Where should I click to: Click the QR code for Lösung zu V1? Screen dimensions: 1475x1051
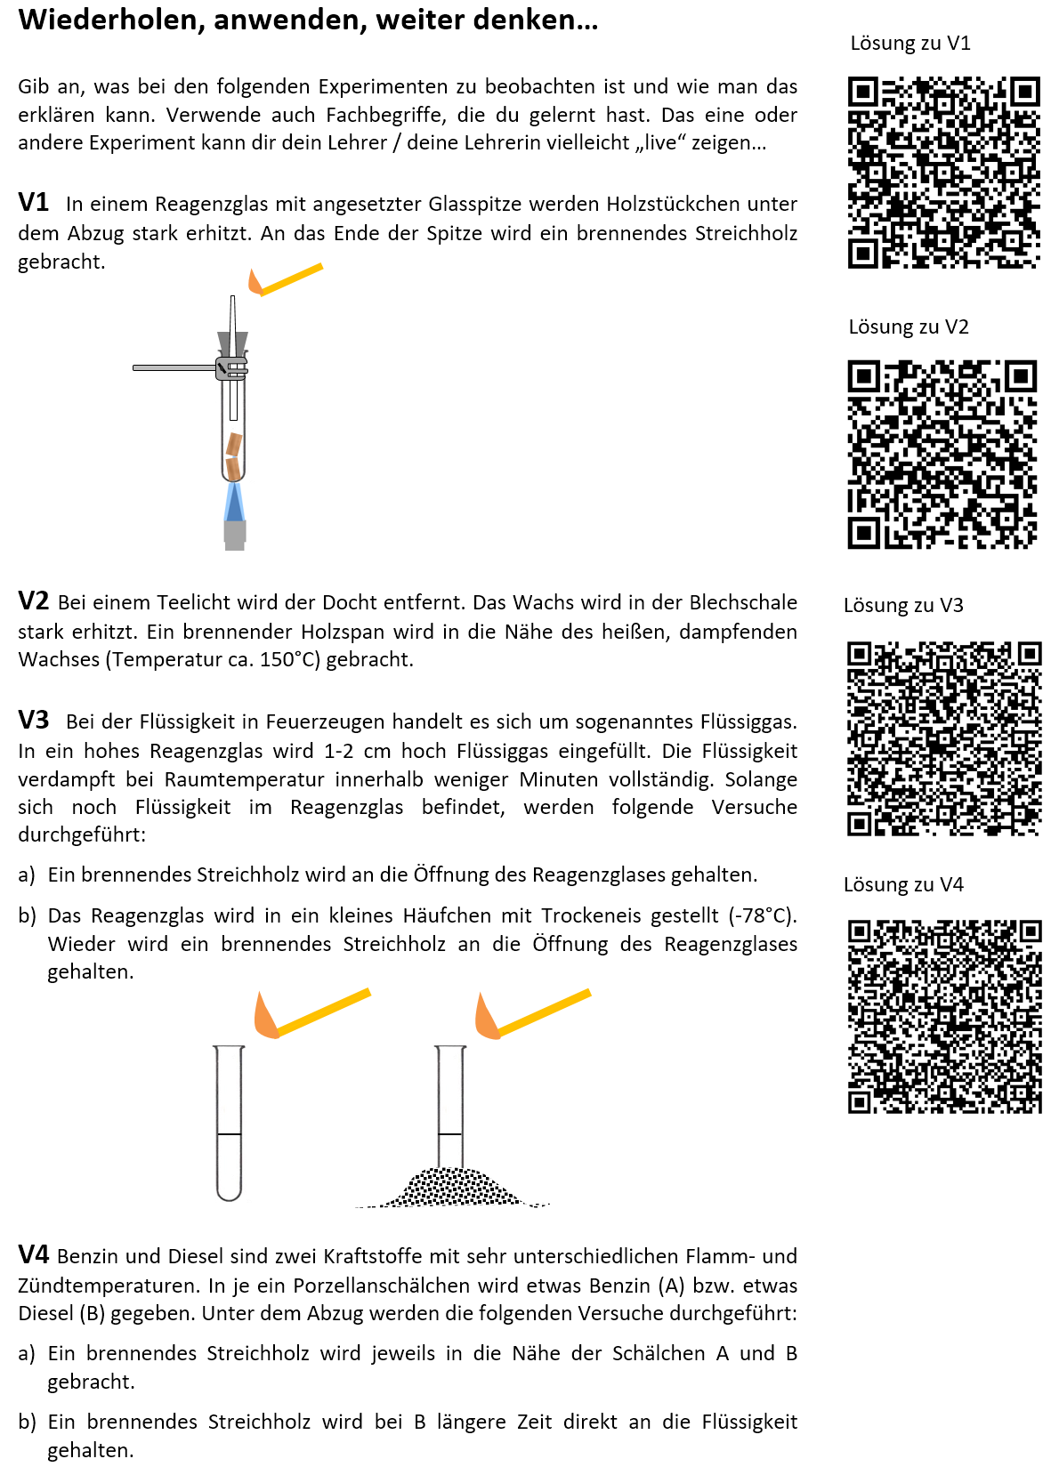pyautogui.click(x=943, y=173)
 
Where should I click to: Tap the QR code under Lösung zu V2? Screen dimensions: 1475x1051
pyautogui.click(x=942, y=454)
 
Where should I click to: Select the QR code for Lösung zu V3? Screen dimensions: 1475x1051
pyautogui.click(x=943, y=738)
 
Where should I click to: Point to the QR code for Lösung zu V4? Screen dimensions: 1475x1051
pyautogui.click(x=943, y=1017)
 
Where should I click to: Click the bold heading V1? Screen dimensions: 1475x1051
pyautogui.click(x=34, y=203)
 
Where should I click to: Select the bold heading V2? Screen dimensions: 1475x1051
pyautogui.click(x=34, y=601)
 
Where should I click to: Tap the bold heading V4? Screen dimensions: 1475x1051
pyautogui.click(x=34, y=1255)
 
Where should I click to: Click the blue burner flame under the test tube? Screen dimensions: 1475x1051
pyautogui.click(x=234, y=503)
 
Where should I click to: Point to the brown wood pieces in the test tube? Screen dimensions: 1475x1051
pyautogui.click(x=233, y=455)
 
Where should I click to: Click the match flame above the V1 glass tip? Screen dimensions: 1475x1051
pyautogui.click(x=255, y=282)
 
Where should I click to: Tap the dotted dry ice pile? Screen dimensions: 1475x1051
pyautogui.click(x=454, y=1188)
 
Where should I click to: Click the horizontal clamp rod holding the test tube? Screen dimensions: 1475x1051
pyautogui.click(x=174, y=367)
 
